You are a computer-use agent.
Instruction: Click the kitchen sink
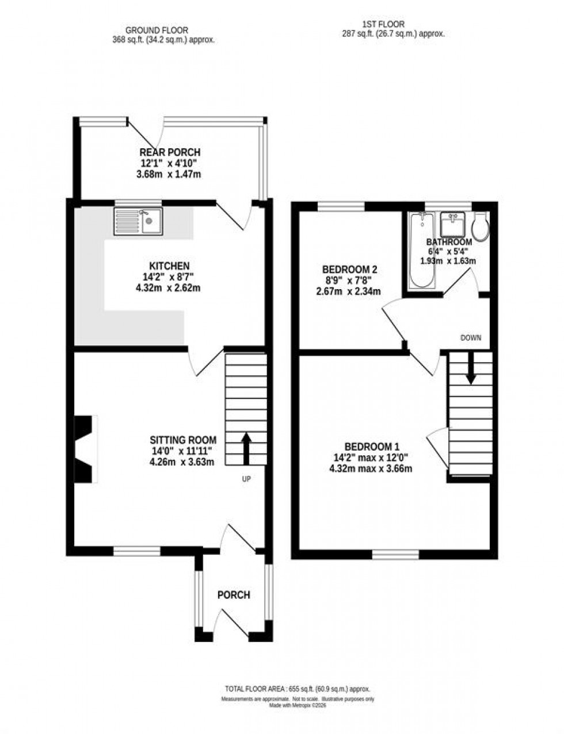click(x=139, y=221)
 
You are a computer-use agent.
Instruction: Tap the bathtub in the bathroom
click(x=422, y=251)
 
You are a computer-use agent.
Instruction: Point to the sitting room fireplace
click(x=85, y=448)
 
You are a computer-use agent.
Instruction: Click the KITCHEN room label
click(x=169, y=266)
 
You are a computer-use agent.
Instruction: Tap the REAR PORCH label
click(x=170, y=152)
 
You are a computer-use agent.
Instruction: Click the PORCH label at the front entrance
click(x=234, y=594)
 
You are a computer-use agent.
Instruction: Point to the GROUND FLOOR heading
click(x=157, y=30)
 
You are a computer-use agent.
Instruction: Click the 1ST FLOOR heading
click(x=383, y=24)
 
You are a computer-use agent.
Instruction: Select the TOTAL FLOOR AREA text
click(x=297, y=689)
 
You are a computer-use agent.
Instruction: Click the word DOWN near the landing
click(x=470, y=337)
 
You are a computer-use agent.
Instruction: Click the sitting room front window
click(x=136, y=551)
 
